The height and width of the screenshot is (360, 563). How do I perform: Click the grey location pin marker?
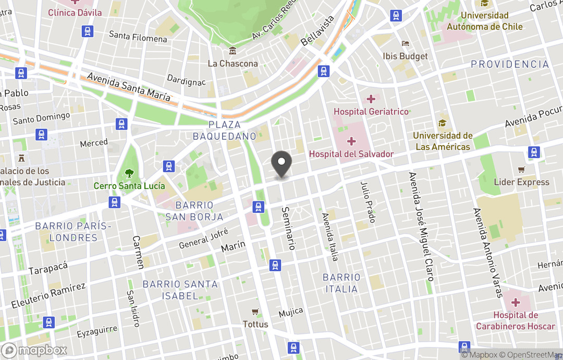tap(281, 164)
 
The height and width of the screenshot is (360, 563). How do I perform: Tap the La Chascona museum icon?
tap(232, 51)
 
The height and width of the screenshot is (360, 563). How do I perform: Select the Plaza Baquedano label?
tap(225, 130)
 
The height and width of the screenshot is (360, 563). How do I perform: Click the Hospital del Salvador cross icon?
tap(351, 141)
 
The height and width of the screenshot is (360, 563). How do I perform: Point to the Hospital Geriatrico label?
tap(371, 112)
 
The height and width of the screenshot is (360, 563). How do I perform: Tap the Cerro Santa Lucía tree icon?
tap(129, 174)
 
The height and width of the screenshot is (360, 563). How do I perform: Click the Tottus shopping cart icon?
tap(255, 312)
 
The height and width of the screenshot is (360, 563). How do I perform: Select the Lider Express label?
tap(521, 182)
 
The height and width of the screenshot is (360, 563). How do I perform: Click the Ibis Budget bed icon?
tap(405, 44)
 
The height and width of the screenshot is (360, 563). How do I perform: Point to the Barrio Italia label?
tap(341, 283)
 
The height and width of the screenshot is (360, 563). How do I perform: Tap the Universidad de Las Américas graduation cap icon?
tap(443, 123)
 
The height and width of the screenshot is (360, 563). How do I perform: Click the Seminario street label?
tap(288, 228)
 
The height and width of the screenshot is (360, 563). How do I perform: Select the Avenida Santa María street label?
tap(128, 87)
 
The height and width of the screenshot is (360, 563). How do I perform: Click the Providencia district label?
tap(510, 64)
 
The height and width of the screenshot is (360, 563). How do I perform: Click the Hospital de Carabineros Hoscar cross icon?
tap(516, 303)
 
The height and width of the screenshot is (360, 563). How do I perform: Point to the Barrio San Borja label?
tap(194, 211)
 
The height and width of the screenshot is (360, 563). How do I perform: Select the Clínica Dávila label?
tap(75, 12)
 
